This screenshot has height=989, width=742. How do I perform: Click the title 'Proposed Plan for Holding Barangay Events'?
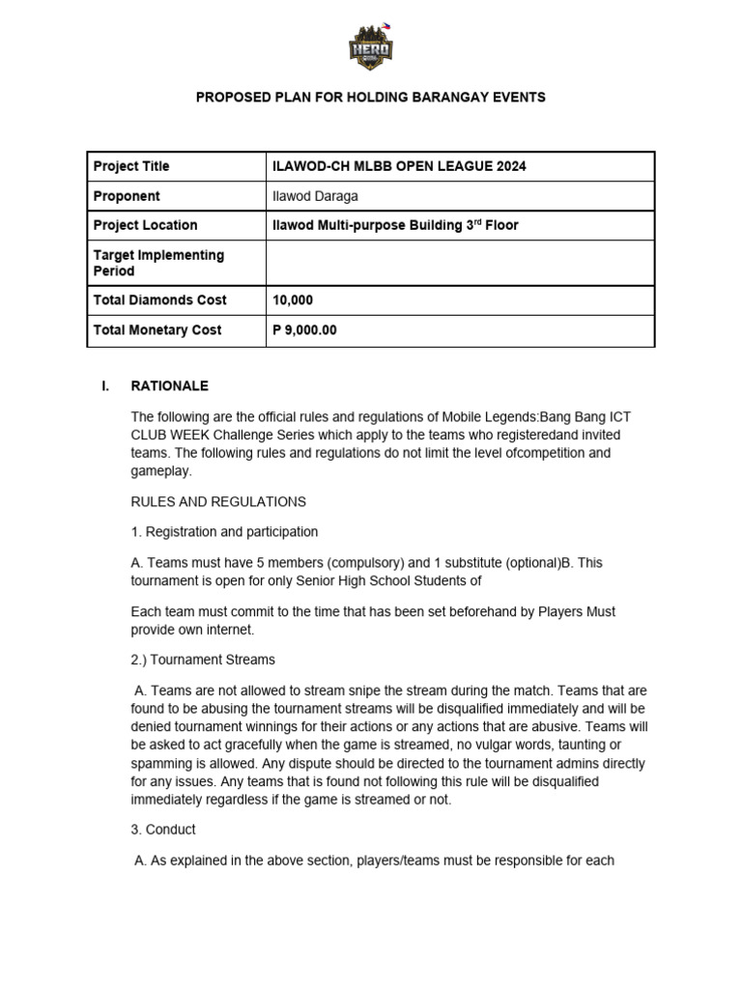(x=371, y=98)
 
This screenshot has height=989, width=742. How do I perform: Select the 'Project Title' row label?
(x=131, y=166)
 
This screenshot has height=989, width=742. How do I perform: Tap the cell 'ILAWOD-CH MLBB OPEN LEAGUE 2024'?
(x=400, y=166)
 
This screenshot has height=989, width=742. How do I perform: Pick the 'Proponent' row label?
(x=127, y=196)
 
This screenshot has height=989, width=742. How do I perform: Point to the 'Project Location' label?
(x=145, y=225)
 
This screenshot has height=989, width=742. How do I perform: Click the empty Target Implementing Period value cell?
(x=460, y=263)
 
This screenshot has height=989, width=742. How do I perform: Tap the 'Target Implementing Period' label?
(x=158, y=263)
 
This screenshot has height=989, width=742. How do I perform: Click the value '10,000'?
(x=294, y=300)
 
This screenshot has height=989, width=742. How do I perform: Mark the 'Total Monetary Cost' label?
(x=157, y=329)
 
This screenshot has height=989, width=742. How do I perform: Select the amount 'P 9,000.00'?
(x=305, y=329)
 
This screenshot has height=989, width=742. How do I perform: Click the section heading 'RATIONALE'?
(x=170, y=385)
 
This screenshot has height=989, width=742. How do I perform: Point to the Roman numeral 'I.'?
(x=105, y=385)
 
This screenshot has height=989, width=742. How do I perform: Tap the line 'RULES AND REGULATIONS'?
(x=218, y=501)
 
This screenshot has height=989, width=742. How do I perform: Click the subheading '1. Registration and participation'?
(x=224, y=532)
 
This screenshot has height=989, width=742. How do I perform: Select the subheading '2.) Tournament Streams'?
(x=203, y=660)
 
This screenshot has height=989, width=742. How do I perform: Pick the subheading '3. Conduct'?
(x=163, y=830)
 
